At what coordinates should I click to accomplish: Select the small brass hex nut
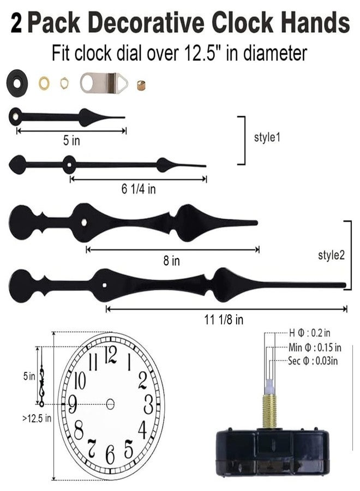(64, 83)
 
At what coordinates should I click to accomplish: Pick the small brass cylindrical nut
(141, 84)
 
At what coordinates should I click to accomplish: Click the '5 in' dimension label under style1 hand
(71, 141)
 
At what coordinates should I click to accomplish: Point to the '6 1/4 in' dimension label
(138, 189)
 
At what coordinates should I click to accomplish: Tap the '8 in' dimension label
(171, 261)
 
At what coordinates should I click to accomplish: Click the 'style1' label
(267, 137)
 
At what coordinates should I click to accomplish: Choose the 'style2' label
(331, 255)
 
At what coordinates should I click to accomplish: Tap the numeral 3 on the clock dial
(148, 404)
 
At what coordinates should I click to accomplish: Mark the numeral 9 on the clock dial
(71, 405)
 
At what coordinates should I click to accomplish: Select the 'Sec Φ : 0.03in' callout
(315, 361)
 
